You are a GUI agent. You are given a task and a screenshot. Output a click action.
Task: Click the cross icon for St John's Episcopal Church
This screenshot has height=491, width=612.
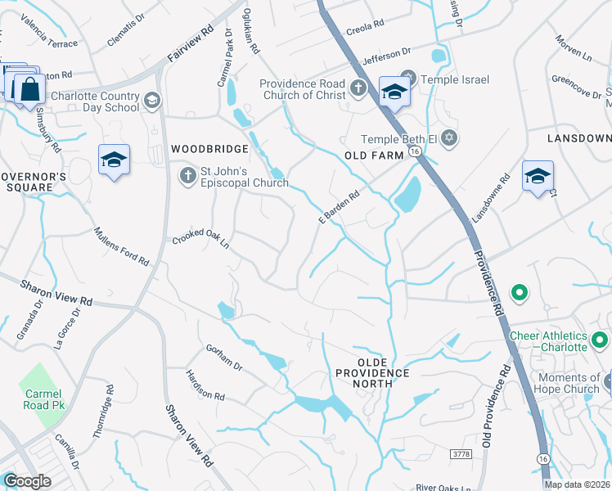(187, 175)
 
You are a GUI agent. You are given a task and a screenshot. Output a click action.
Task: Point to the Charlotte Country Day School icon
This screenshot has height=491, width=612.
(151, 101)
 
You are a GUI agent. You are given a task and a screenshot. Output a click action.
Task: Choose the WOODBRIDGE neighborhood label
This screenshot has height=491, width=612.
(209, 149)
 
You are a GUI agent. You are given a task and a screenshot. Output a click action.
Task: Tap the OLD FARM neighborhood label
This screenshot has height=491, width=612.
(375, 155)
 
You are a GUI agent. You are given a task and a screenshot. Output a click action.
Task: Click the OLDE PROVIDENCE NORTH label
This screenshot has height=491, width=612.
(371, 367)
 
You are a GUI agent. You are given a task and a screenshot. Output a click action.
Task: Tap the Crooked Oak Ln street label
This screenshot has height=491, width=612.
(200, 242)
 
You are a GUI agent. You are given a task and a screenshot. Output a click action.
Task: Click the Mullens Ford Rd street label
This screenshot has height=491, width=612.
(122, 246)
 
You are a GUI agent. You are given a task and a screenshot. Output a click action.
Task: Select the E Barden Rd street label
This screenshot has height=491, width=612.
(339, 207)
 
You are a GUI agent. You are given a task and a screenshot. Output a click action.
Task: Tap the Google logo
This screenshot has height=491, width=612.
(28, 481)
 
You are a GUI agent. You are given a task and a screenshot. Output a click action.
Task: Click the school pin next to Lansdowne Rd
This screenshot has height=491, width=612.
(538, 176)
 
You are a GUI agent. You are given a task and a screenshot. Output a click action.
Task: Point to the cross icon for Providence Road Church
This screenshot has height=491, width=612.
(358, 88)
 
